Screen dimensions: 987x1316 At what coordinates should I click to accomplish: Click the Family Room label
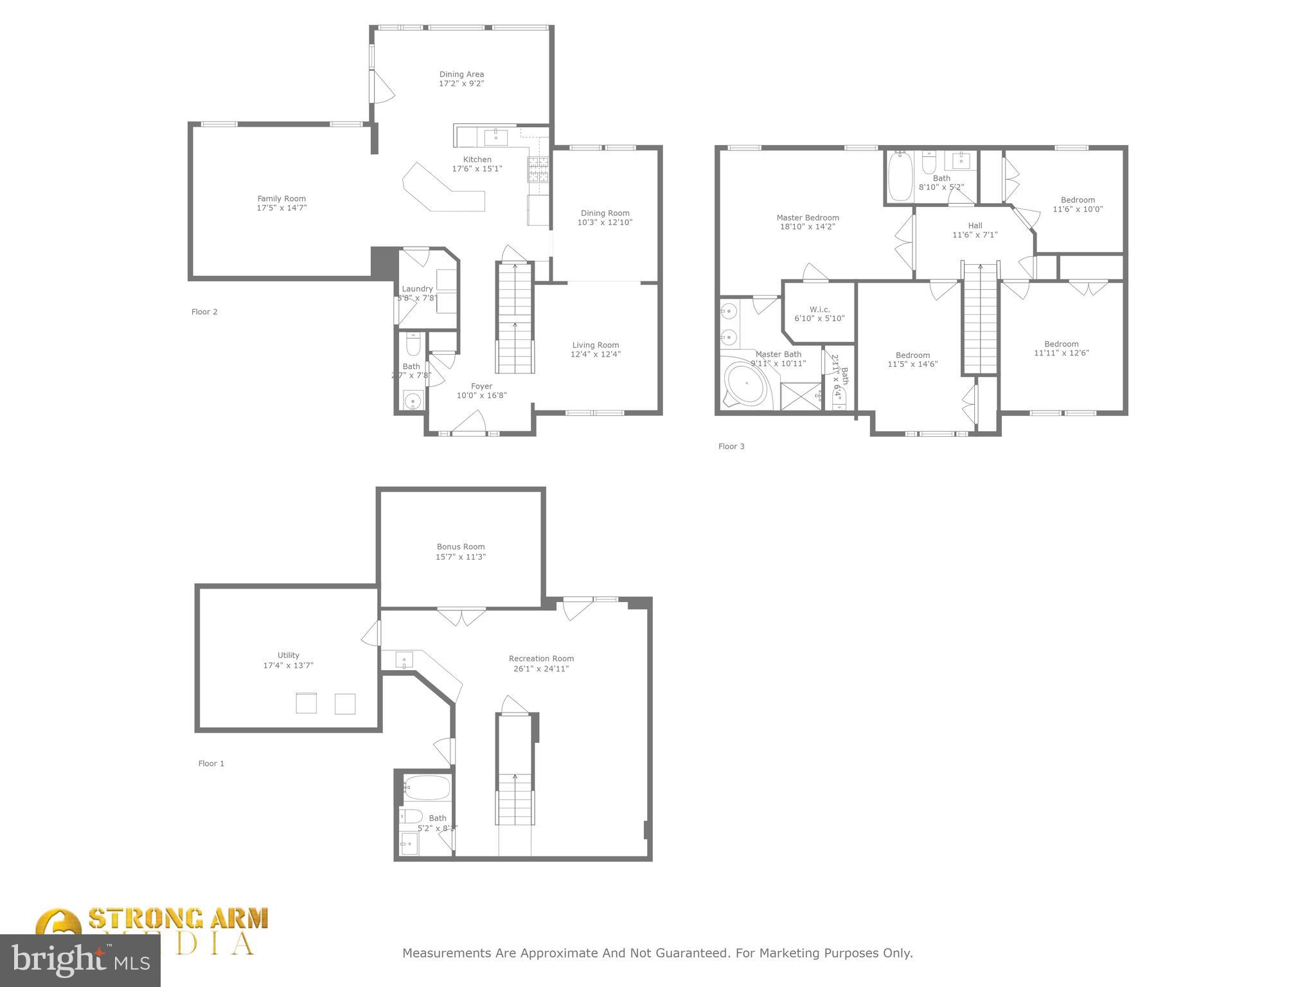[x=281, y=199]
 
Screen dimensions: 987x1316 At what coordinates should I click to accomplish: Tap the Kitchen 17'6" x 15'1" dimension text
[x=477, y=169]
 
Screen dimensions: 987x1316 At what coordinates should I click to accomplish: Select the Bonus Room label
[x=461, y=547]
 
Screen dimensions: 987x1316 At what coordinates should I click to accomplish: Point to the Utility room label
[x=289, y=655]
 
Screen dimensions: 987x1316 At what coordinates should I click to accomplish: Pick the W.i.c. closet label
[x=819, y=310]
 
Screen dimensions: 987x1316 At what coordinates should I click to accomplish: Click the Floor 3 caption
[x=731, y=447]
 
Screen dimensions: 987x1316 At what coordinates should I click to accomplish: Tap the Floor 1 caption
[x=211, y=763]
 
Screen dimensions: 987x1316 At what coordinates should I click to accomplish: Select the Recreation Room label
[x=541, y=659]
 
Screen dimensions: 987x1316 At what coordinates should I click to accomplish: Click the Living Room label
[x=596, y=345]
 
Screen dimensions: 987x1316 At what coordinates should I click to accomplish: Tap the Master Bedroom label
[x=808, y=218]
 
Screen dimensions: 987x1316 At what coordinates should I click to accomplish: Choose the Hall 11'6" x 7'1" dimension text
[x=975, y=235]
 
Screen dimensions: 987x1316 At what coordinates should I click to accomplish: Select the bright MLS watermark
[x=80, y=961]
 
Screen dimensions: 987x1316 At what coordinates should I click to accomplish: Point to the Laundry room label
[x=417, y=289]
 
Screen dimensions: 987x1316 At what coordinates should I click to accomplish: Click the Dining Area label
[x=461, y=75]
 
